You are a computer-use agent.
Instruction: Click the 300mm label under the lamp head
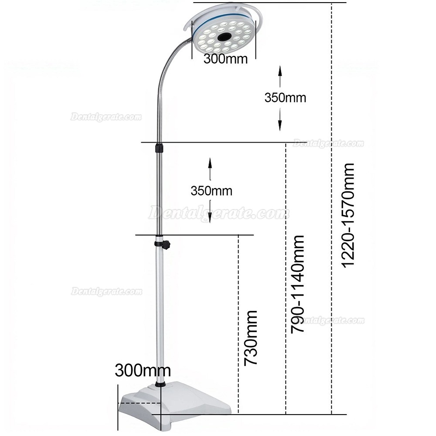(225, 59)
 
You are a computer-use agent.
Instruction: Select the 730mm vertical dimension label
(251, 338)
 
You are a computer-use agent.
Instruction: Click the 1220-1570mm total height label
(347, 215)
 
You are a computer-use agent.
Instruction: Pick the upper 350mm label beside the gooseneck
(285, 98)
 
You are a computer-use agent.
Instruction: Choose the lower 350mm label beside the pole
(211, 191)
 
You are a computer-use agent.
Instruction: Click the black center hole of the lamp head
(225, 37)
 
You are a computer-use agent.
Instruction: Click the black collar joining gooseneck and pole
(159, 147)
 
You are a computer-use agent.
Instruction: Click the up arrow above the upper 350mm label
(280, 76)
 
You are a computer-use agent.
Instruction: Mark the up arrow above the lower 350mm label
(210, 169)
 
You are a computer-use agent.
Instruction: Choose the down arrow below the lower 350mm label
(210, 212)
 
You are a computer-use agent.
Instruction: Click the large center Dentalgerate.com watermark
(218, 213)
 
